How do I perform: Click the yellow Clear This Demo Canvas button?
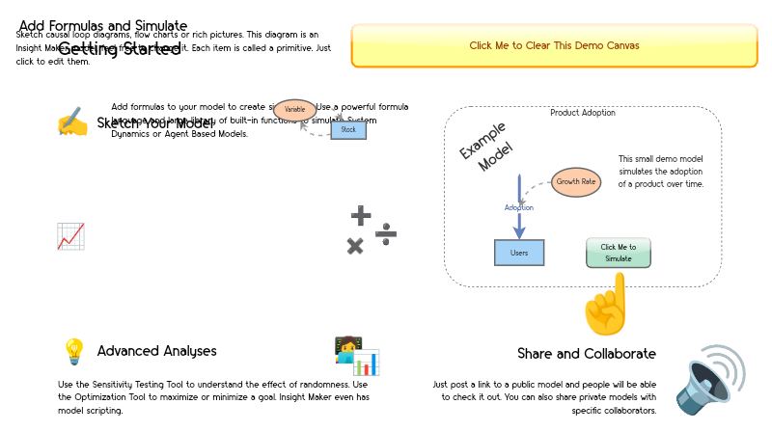coord(554,45)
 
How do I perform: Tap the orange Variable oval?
coord(294,110)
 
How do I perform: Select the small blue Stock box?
coord(348,129)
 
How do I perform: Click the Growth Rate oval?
coord(575,181)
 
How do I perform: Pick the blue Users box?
coord(519,253)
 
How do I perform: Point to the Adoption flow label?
coord(518,207)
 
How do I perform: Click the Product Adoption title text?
coord(582,113)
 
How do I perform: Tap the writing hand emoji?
coord(72,122)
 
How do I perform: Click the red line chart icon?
coord(70,236)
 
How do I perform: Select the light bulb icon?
coord(73,352)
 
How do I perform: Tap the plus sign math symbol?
coord(360,216)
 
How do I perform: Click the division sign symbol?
coord(386,234)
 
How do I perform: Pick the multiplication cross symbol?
coord(355,246)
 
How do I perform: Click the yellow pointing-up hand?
coord(606,304)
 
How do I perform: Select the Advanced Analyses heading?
coord(156,351)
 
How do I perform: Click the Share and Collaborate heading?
coord(588,354)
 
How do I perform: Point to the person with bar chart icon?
coord(356,356)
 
